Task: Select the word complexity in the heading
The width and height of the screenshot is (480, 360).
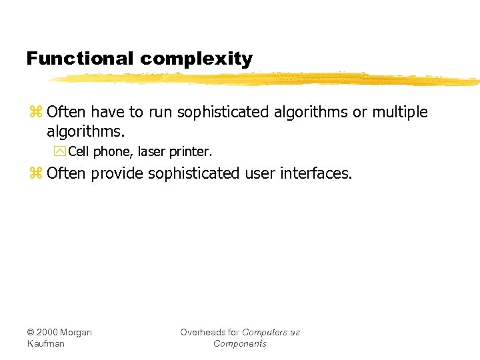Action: [x=197, y=59]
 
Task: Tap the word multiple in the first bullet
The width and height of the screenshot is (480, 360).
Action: [x=400, y=112]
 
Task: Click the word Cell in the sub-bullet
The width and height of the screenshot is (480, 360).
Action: [x=79, y=152]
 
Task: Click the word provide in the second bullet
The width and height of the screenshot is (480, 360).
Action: [x=117, y=174]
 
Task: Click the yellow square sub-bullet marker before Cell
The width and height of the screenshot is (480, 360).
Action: [x=62, y=152]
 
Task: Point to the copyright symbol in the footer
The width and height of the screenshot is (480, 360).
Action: [x=31, y=333]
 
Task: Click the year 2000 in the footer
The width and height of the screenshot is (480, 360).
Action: [x=49, y=333]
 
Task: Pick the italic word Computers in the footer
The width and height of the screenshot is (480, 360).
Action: [x=265, y=333]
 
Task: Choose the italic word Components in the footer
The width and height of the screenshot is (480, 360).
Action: [x=240, y=344]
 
